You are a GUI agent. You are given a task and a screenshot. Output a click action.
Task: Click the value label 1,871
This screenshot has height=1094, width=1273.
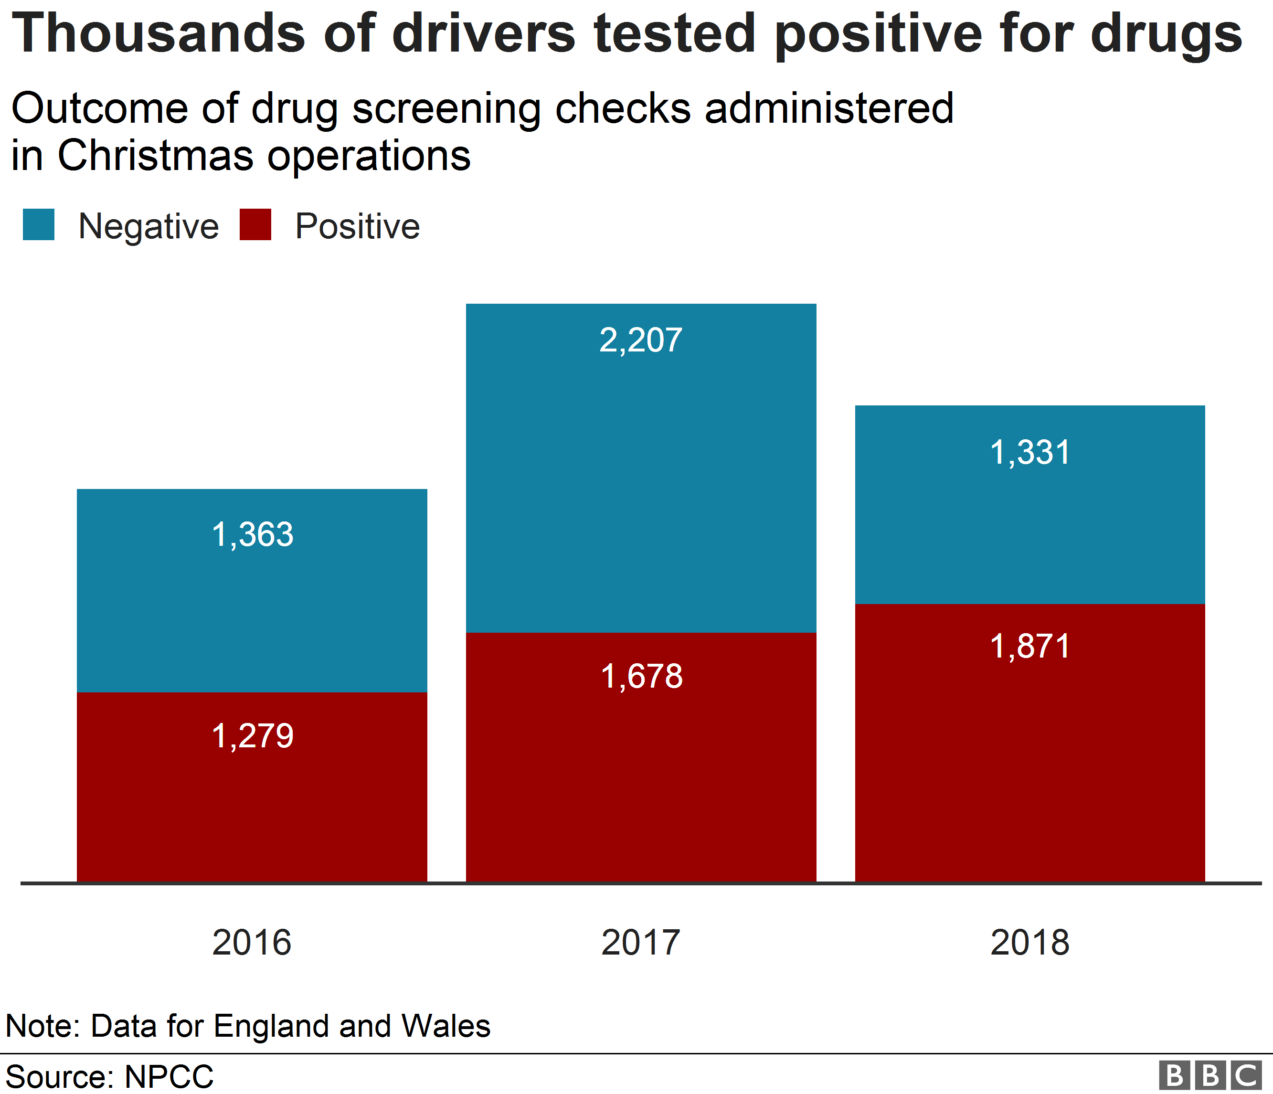pos(1029,646)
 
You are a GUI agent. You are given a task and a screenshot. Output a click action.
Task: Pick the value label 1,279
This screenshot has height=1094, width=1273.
pos(252,736)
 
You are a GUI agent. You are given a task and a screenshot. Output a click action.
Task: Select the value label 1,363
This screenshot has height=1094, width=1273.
pos(252,534)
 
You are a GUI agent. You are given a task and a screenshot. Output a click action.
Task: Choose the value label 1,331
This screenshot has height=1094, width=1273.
pos(1029,453)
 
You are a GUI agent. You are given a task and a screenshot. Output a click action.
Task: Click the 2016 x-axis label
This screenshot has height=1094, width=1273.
pos(252,942)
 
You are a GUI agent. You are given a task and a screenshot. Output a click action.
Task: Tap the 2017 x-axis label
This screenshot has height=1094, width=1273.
pos(641,942)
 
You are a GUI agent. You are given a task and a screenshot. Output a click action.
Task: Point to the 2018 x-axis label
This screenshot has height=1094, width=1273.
pos(1029,942)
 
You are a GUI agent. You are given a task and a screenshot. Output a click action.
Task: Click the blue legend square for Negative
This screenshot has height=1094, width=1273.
pos(38,224)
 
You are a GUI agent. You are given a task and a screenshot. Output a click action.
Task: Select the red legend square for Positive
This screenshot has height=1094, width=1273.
pos(255,224)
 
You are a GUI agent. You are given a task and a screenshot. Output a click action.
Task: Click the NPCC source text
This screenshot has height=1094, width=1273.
pos(169,1077)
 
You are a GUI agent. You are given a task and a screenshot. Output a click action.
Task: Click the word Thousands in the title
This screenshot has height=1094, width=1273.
pos(159,34)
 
